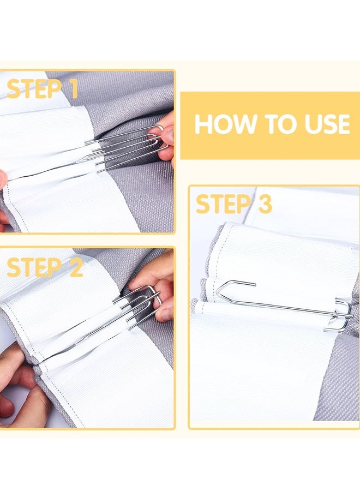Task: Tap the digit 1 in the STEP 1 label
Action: click(73, 89)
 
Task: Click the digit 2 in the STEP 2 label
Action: click(76, 267)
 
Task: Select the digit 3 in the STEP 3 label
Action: click(265, 203)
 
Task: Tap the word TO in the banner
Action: click(281, 124)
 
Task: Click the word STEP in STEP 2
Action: click(34, 267)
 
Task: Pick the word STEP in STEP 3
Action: click(223, 203)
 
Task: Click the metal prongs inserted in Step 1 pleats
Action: click(122, 147)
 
